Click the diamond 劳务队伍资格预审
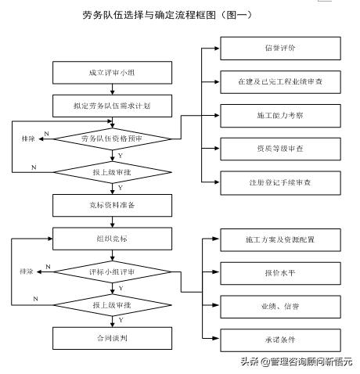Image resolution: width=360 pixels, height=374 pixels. (115, 138)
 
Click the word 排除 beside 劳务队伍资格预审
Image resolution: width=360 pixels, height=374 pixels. (28, 138)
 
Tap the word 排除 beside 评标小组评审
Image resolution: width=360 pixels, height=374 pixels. (26, 271)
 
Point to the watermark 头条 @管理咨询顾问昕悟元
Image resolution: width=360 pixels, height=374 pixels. (296, 361)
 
